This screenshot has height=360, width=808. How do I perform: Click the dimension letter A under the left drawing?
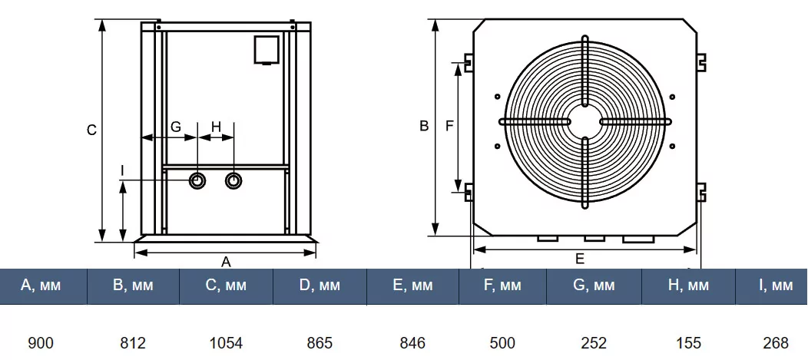pos(226,261)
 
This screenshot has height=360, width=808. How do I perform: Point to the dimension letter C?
pos(91,130)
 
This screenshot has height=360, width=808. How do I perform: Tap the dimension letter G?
pos(176,127)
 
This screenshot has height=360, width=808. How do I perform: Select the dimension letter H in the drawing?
pos(216,127)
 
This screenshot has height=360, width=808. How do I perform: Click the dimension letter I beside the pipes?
pos(122,168)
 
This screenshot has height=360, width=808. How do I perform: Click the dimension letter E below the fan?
pos(580,258)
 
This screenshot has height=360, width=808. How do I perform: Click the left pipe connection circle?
pos(197,180)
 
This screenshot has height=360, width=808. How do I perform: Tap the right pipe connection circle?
pos(233,180)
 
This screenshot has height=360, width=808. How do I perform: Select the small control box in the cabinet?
pos(267,48)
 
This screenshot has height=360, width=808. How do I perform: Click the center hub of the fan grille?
pos(584,121)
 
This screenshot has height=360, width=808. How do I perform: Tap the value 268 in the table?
pos(775,342)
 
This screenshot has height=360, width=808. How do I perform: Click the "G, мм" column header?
pos(594,286)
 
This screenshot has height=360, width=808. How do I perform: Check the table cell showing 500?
pos(502,342)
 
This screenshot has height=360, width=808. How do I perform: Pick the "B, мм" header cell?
pos(133,286)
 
